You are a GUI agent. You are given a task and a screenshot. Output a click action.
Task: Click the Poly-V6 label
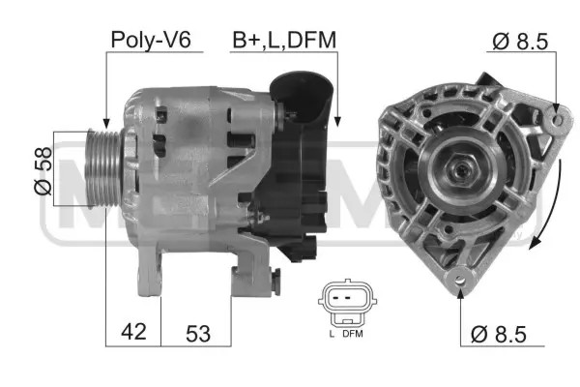[151, 40]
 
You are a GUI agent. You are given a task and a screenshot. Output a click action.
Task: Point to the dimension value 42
[134, 332]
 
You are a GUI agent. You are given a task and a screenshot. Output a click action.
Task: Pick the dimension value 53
[197, 332]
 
